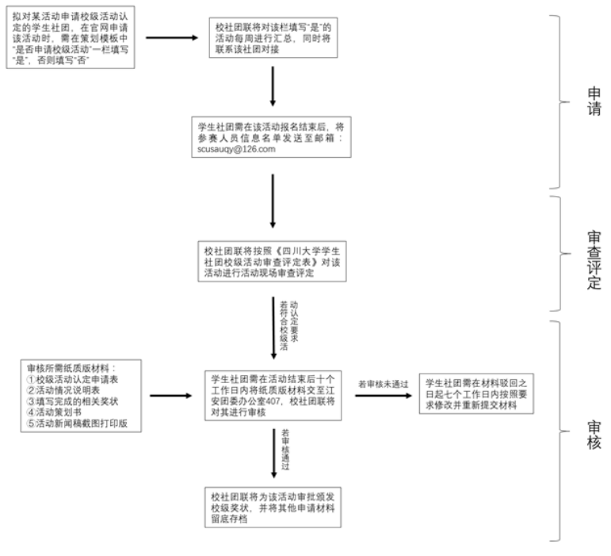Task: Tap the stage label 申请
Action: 594,101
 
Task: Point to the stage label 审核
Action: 594,435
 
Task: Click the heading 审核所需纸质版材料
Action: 71,368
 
